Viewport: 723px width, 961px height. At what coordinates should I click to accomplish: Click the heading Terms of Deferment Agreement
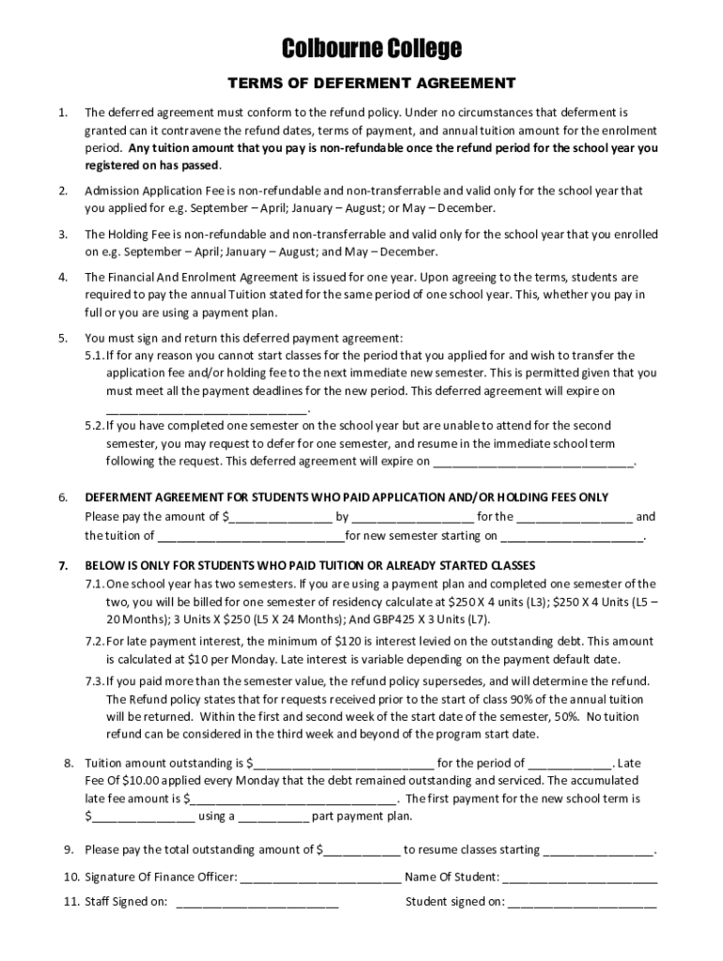361,83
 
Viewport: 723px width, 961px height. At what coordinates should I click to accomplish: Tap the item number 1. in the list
62,113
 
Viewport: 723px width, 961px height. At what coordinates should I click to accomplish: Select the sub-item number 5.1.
93,356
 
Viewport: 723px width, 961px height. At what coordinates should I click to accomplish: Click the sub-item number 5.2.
93,426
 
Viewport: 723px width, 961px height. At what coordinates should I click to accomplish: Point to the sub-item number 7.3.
93,681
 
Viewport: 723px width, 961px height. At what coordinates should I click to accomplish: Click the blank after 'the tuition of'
251,537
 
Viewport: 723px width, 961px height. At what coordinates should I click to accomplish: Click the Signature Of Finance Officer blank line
321,877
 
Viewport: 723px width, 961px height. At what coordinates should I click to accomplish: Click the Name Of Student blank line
579,877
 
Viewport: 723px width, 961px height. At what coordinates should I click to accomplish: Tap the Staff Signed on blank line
257,904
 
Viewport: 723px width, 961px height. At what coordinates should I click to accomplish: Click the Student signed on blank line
582,904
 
